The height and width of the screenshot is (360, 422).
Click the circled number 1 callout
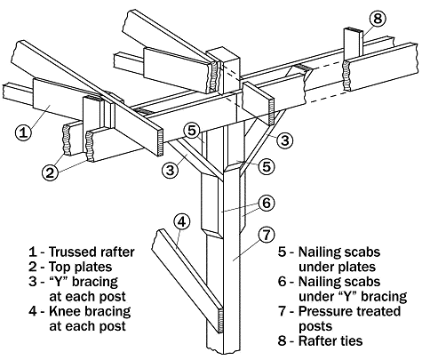[x=26, y=132]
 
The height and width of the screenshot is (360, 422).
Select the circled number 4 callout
[x=180, y=220]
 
